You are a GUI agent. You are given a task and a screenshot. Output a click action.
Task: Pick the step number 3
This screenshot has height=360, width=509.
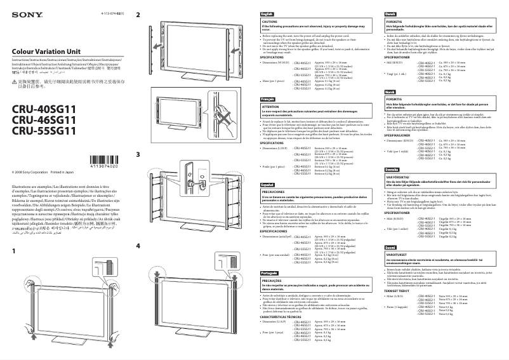(138, 154)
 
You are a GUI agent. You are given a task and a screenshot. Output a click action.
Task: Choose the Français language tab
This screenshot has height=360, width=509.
(268, 100)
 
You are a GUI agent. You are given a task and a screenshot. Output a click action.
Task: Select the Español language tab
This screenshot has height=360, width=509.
(268, 183)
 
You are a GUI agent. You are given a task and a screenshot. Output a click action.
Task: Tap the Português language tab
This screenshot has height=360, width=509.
(269, 272)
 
